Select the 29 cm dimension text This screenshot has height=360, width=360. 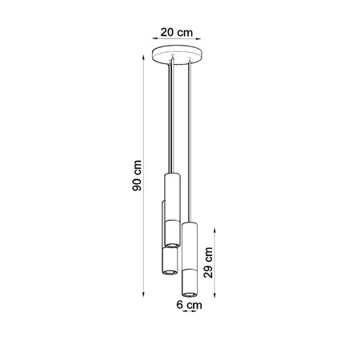click(x=207, y=258)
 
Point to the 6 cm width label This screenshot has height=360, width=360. click(x=190, y=304)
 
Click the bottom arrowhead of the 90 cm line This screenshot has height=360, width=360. click(x=144, y=293)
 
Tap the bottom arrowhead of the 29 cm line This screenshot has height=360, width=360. click(x=215, y=293)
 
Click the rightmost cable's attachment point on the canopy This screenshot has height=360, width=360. click(x=190, y=65)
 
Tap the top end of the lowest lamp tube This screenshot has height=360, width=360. click(x=190, y=223)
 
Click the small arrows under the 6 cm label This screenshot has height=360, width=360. click(x=190, y=313)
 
